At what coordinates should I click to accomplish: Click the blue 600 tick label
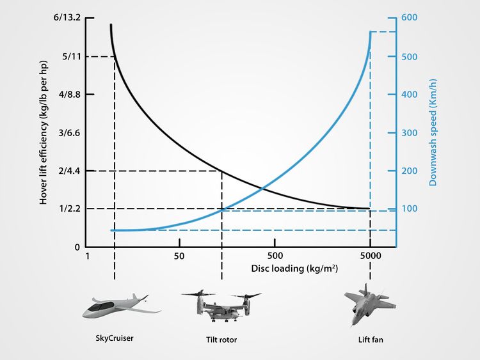pyautogui.click(x=410, y=18)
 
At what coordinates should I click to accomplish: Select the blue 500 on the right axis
pyautogui.click(x=410, y=57)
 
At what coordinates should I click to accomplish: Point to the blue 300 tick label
pyautogui.click(x=410, y=133)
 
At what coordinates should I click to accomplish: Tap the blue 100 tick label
pyautogui.click(x=410, y=209)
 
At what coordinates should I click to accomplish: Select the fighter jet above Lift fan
pyautogui.click(x=363, y=304)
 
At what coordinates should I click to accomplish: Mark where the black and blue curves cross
pyautogui.click(x=262, y=188)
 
